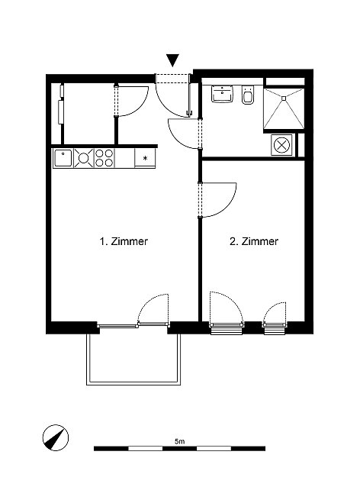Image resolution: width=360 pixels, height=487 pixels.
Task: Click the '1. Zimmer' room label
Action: tap(124, 241)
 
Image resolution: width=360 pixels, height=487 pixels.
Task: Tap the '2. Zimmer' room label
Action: tap(254, 241)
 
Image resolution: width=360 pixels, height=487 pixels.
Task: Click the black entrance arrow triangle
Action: tap(173, 60)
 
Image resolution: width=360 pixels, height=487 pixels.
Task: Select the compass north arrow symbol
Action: tap(56, 437)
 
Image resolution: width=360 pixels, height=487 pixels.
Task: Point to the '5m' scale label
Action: tap(180, 441)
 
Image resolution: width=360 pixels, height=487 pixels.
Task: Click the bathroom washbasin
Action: tap(222, 94)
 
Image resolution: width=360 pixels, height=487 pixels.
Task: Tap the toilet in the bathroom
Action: tap(249, 95)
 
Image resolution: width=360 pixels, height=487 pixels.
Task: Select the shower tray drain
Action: tap(284, 98)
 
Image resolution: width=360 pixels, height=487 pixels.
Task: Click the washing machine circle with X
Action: tap(281, 145)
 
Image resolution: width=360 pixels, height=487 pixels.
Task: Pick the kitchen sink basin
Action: tap(63, 159)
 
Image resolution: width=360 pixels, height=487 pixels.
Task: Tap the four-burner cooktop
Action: tap(104, 158)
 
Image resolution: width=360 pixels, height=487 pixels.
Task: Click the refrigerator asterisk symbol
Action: tap(145, 158)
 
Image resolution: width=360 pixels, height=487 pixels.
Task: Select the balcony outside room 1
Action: tap(133, 360)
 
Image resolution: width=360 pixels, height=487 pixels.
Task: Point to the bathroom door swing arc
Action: tap(175, 140)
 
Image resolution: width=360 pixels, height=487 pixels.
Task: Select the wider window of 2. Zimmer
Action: tap(227, 328)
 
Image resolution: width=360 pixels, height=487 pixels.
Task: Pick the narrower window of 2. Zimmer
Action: tap(275, 328)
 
